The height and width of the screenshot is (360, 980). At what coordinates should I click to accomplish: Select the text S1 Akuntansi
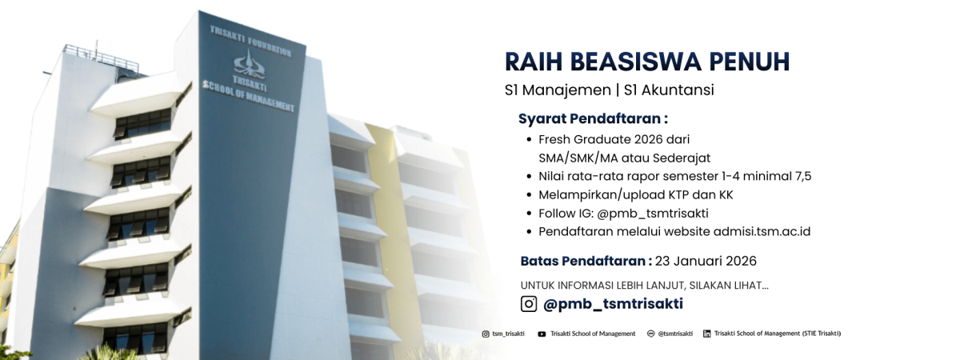669,90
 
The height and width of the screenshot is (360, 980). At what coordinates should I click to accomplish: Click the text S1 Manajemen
558,90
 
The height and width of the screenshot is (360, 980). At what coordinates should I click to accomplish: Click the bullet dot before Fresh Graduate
530,140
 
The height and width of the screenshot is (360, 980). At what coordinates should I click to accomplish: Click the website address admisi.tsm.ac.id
762,231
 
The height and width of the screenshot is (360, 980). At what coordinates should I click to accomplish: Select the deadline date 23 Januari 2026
706,261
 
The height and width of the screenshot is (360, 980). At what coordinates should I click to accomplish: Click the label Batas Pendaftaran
582,261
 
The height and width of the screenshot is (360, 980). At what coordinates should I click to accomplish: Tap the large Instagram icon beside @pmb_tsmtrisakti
529,303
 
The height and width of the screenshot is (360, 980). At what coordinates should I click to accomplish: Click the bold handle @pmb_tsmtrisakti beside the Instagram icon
613,304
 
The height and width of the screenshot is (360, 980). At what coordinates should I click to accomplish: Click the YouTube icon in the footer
542,334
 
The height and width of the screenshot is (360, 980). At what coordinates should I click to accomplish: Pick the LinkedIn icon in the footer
706,334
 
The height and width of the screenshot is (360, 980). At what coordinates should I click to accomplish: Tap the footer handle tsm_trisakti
508,334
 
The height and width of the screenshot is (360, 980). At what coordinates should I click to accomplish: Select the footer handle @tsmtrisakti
675,334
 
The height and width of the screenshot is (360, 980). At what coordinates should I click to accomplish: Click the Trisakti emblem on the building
249,64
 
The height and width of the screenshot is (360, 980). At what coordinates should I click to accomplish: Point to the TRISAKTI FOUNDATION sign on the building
250,41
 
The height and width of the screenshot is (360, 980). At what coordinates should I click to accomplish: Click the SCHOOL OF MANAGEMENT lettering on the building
248,96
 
